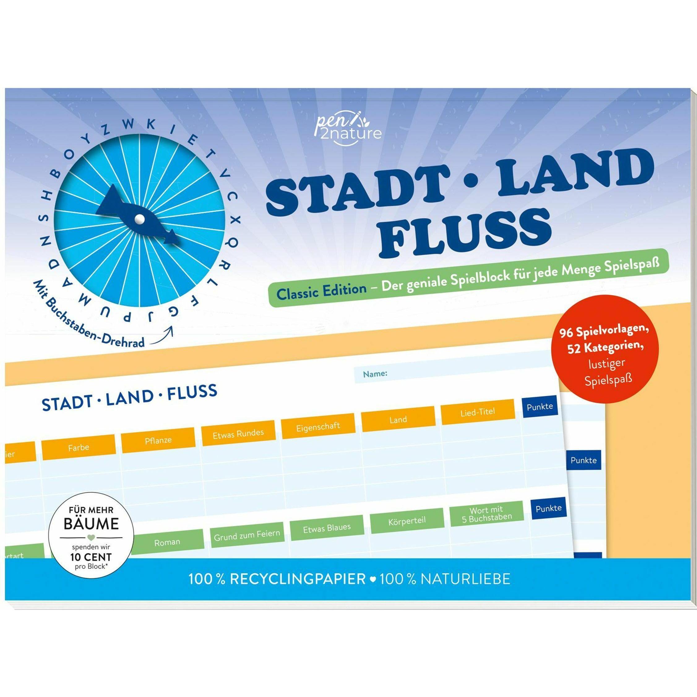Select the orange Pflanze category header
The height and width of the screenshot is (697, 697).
point(158,440)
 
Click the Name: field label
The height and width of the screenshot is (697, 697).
point(375,374)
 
